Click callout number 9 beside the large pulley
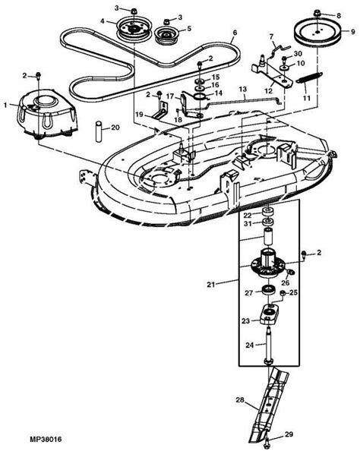click(x=352, y=32)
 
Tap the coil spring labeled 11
click(x=307, y=78)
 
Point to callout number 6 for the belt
click(x=235, y=33)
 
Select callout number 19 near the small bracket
click(x=140, y=113)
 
